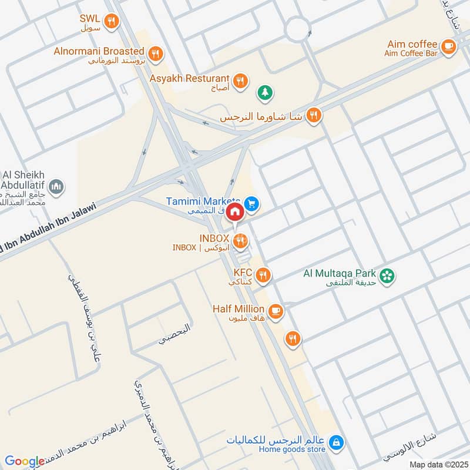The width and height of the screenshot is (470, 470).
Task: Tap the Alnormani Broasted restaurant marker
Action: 155,55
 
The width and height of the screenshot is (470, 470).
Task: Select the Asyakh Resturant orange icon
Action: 240,81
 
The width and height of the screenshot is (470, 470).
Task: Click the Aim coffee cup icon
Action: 448,47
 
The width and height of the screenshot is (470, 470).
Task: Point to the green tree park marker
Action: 264,93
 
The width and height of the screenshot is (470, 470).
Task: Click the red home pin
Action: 235,211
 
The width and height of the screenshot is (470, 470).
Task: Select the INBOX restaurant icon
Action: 240,240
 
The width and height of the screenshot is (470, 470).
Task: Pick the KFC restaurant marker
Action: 263,275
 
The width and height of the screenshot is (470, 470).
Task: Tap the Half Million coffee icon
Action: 276,310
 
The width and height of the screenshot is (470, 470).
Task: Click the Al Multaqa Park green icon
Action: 387,275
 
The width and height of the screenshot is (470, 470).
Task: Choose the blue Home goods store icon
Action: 335,442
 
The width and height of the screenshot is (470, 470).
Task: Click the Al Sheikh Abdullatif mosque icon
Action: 56,187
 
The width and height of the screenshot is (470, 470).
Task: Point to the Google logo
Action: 24,461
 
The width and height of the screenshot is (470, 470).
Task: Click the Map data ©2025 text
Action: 438,464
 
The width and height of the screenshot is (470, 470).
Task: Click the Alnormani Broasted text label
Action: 99,51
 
